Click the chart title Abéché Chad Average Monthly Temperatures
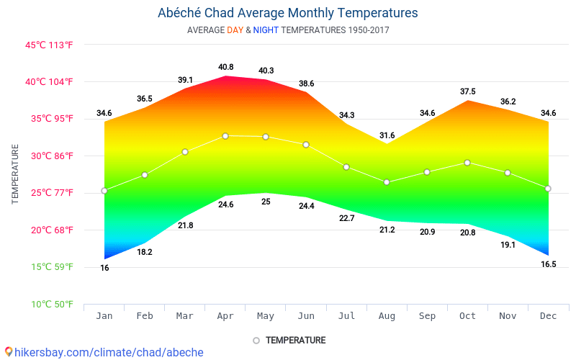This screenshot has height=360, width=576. [x=287, y=13]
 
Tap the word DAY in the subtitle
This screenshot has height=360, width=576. [x=235, y=30]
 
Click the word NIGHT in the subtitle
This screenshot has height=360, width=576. [x=266, y=30]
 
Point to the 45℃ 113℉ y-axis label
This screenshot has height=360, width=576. [x=50, y=45]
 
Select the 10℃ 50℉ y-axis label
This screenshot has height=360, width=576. [x=50, y=305]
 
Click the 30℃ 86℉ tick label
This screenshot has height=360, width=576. [x=50, y=156]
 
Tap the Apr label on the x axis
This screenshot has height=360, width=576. [x=225, y=316]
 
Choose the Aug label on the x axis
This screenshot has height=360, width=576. [x=387, y=316]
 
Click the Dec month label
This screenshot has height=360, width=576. [x=548, y=316]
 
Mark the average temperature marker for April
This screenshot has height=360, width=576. [x=225, y=135]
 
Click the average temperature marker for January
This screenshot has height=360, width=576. [x=104, y=191]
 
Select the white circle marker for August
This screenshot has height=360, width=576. [x=387, y=182]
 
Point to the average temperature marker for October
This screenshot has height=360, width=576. [x=467, y=163]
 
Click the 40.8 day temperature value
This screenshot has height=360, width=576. [x=225, y=67]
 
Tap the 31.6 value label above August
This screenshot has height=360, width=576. [x=387, y=135]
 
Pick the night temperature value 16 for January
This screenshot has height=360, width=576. [x=104, y=268]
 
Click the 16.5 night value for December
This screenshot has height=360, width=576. [x=548, y=264]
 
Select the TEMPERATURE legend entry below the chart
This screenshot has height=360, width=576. [x=295, y=340]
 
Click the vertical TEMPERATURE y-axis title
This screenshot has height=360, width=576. [x=15, y=174]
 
